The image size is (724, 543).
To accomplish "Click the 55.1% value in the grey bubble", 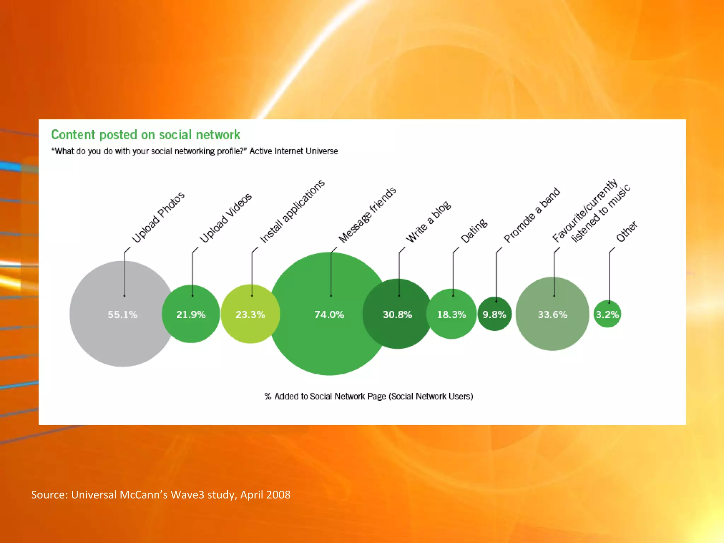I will (122, 314).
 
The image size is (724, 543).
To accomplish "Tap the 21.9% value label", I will (191, 314).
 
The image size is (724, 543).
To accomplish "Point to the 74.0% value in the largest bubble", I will (329, 314).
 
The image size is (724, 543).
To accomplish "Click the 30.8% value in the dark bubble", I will (397, 314).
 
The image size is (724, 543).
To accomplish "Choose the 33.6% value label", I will (553, 314).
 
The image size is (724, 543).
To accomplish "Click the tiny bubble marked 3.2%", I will (607, 314).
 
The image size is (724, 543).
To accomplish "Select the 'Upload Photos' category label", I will (158, 217).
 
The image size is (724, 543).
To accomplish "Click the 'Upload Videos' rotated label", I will (226, 218).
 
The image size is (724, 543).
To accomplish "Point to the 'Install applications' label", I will (292, 211).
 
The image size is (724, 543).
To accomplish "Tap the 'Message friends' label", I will (367, 215).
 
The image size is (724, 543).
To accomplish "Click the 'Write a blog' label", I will (428, 222).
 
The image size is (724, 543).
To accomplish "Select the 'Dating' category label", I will (474, 231).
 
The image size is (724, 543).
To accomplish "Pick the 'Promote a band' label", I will (532, 215).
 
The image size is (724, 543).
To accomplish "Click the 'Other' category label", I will (626, 232).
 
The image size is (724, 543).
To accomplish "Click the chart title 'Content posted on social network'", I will (145, 135).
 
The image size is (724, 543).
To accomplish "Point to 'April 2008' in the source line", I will (265, 495).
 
